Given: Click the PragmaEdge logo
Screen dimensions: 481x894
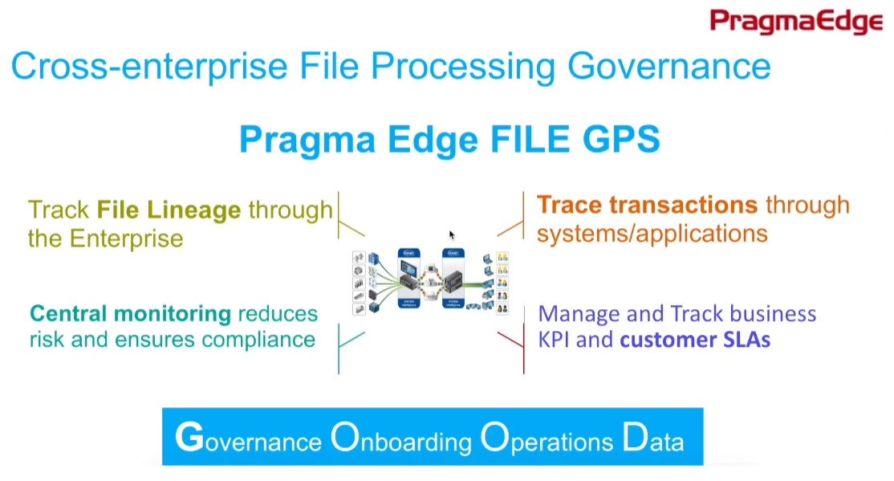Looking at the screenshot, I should pyautogui.click(x=795, y=22).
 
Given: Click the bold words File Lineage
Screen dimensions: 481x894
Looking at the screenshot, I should pyautogui.click(x=169, y=210).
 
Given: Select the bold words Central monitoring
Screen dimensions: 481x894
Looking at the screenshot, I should pyautogui.click(x=130, y=313).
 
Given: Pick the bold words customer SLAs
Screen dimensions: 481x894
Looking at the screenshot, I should pyautogui.click(x=695, y=339).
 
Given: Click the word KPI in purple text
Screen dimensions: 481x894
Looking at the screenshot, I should pyautogui.click(x=554, y=339).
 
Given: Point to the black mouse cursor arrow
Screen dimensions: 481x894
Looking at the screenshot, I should pyautogui.click(x=452, y=234).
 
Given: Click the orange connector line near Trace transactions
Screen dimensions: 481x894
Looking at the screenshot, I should pyautogui.click(x=510, y=229).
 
